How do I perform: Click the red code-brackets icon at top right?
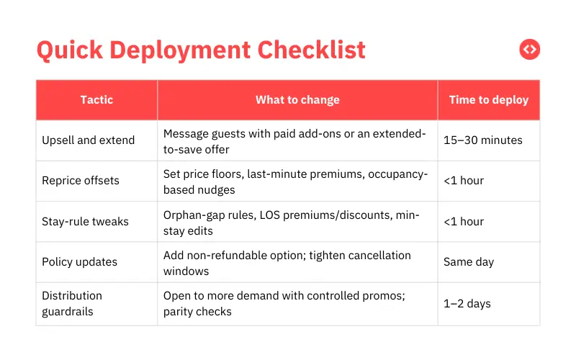click(529, 50)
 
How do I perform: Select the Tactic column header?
click(96, 100)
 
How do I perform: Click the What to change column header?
click(297, 100)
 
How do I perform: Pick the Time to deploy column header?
click(488, 100)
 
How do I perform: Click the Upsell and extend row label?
click(88, 140)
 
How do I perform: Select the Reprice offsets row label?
click(81, 181)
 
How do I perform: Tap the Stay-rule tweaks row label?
click(85, 222)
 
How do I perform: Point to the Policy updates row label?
click(79, 262)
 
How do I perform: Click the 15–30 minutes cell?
click(482, 140)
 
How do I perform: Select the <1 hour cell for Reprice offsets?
click(464, 181)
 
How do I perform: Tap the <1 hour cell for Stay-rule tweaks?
click(464, 222)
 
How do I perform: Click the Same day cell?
click(469, 262)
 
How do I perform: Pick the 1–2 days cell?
click(467, 303)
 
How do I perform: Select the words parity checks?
click(197, 311)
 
